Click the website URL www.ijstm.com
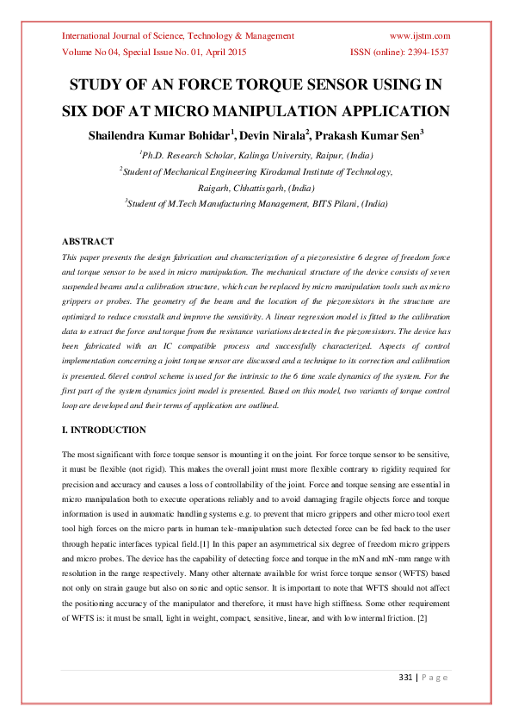pos(420,36)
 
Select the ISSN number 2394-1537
pos(426,53)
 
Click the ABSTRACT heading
pos(88,241)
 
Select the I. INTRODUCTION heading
pos(104,430)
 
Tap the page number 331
pos(408,678)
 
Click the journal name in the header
pos(178,36)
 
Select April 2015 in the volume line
pos(226,53)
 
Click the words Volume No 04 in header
pos(88,53)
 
